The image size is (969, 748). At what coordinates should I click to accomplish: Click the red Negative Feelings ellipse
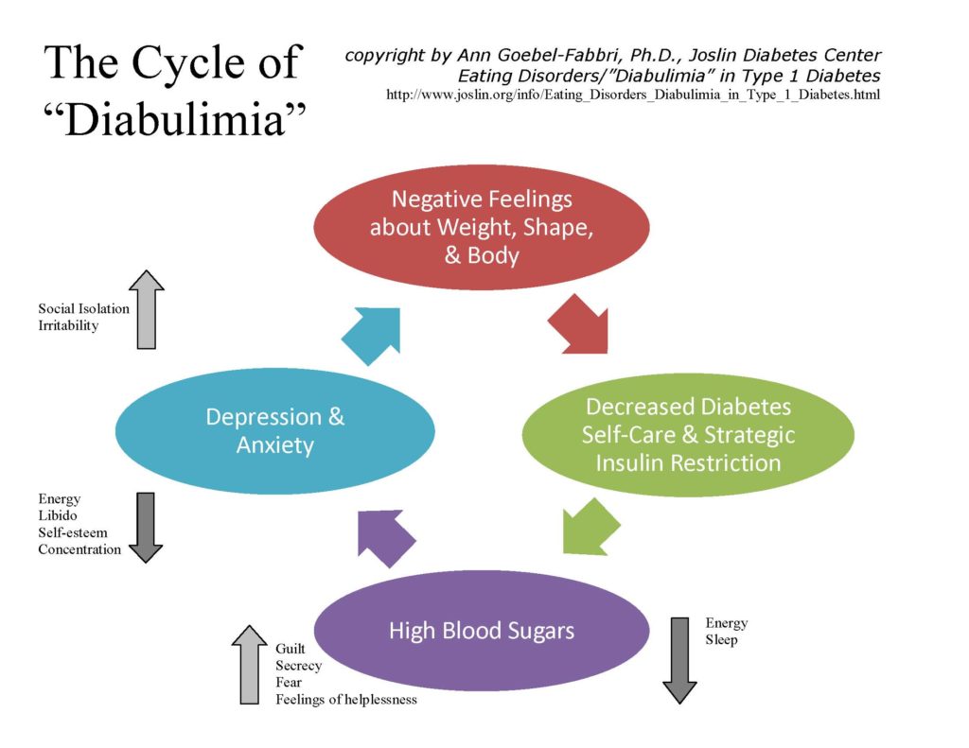pos(482,227)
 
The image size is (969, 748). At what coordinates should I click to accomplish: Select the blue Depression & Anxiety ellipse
pos(275,431)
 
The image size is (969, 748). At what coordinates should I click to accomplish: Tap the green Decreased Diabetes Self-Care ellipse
pos(688,435)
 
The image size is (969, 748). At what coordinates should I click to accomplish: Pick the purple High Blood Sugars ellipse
pos(482,630)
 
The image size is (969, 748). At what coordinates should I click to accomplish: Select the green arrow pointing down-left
pos(590,528)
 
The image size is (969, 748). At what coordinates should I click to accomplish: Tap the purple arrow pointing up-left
pos(384,537)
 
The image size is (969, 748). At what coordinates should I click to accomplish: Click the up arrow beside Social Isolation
pos(147,309)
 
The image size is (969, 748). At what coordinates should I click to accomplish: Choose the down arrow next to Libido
pos(145,528)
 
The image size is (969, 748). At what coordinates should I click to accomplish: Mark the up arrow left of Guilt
pos(249,665)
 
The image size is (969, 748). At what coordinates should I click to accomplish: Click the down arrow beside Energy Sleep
pos(679,660)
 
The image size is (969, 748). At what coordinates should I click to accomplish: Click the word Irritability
pos(68,325)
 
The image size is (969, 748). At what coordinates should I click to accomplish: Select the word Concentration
pos(79,549)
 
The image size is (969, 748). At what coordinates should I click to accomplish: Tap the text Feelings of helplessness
pos(346,699)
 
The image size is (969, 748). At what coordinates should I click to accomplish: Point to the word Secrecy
pos(298,666)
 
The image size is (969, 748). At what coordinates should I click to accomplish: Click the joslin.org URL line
pos(633,95)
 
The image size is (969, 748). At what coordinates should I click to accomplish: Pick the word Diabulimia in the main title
pos(175,118)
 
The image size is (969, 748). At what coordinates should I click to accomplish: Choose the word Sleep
pos(721,640)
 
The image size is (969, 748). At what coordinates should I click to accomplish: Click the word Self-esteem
pos(73,532)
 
